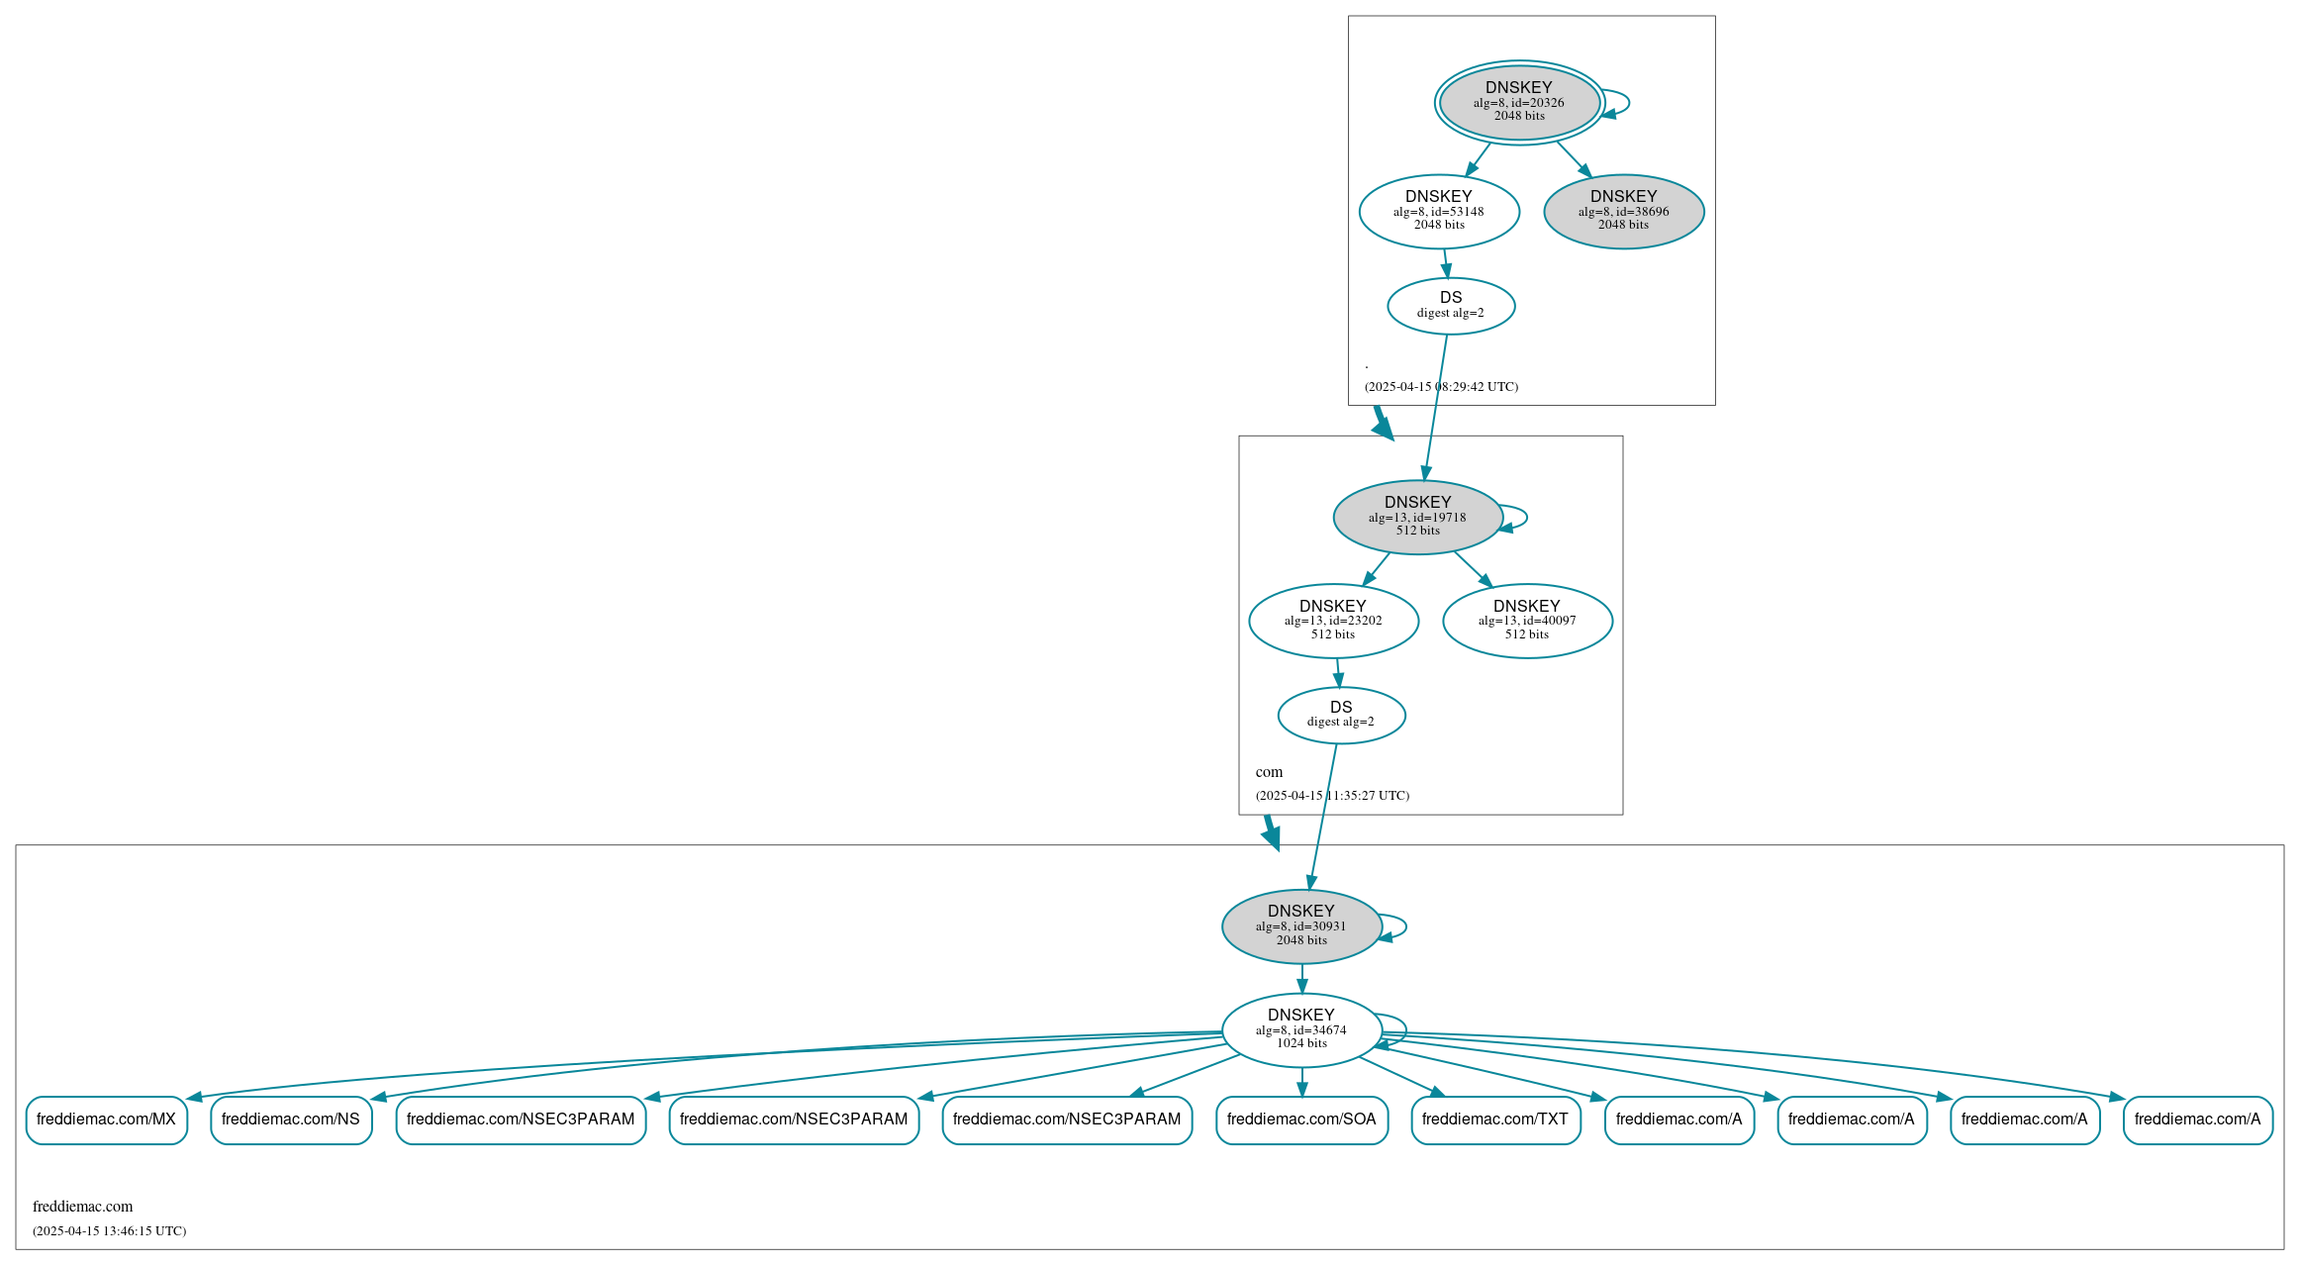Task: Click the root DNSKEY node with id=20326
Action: pos(1519,102)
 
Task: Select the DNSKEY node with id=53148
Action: pos(1439,211)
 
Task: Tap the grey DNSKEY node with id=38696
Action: pos(1623,211)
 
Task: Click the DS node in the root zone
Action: pos(1451,306)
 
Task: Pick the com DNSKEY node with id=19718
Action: pos(1417,517)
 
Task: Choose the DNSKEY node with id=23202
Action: pos(1333,621)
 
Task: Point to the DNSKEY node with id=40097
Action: pos(1527,621)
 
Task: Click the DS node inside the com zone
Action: pos(1341,715)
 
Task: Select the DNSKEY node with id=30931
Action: pos(1301,926)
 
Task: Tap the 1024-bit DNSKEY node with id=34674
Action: pos(1301,1029)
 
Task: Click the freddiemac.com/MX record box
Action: pos(106,1119)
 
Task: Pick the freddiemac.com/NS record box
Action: pos(291,1119)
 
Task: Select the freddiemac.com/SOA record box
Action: pos(1301,1119)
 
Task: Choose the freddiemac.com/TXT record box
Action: pos(1495,1119)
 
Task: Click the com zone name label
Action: pos(1269,772)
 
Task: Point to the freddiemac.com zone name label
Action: pos(82,1207)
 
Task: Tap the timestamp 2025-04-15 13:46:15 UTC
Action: pos(109,1231)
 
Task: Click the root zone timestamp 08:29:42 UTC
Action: pos(1441,387)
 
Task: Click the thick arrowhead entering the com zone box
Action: pos(1383,428)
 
